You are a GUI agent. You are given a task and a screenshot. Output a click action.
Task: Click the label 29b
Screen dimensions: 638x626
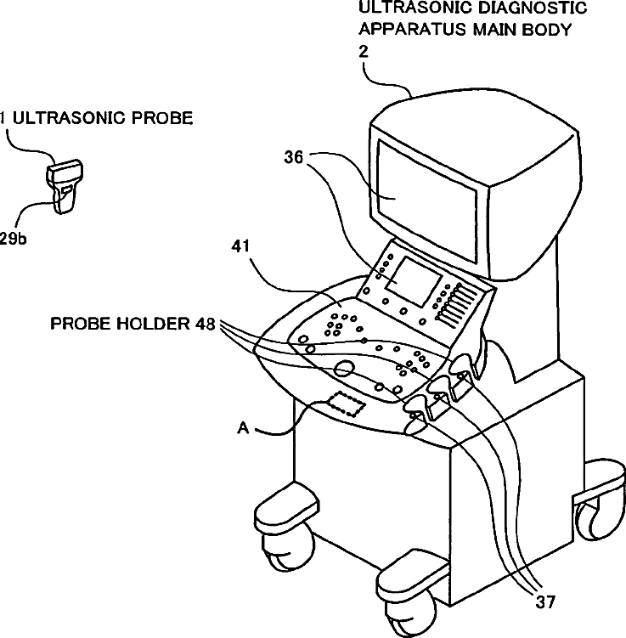pos(13,240)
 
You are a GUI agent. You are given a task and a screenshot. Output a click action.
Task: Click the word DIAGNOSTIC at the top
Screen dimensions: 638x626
pos(525,8)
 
